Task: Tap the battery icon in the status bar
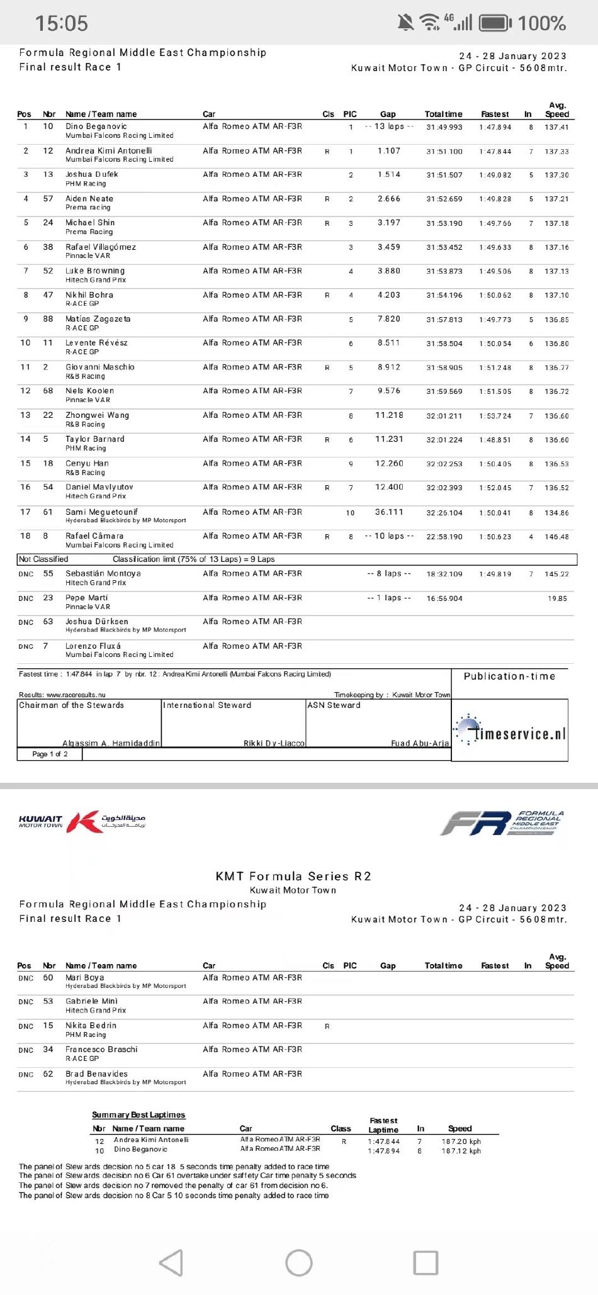(x=495, y=23)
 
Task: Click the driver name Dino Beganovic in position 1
(x=96, y=126)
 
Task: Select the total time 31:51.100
(x=444, y=151)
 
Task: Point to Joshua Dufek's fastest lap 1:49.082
(x=495, y=175)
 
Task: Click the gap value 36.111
(x=389, y=512)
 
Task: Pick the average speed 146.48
(x=556, y=537)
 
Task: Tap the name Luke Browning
(x=95, y=271)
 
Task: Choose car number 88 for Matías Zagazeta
(x=48, y=319)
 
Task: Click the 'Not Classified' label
(x=43, y=559)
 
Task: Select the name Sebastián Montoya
(x=103, y=573)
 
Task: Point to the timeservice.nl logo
(x=511, y=732)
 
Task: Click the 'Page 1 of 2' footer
(x=50, y=754)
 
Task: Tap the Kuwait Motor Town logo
(x=82, y=822)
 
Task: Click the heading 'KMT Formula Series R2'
(x=293, y=876)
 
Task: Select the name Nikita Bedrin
(x=91, y=1025)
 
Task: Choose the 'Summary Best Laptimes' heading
(x=138, y=1114)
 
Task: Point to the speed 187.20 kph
(x=461, y=1141)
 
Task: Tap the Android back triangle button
(x=172, y=1262)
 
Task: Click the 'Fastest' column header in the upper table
(x=495, y=114)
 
